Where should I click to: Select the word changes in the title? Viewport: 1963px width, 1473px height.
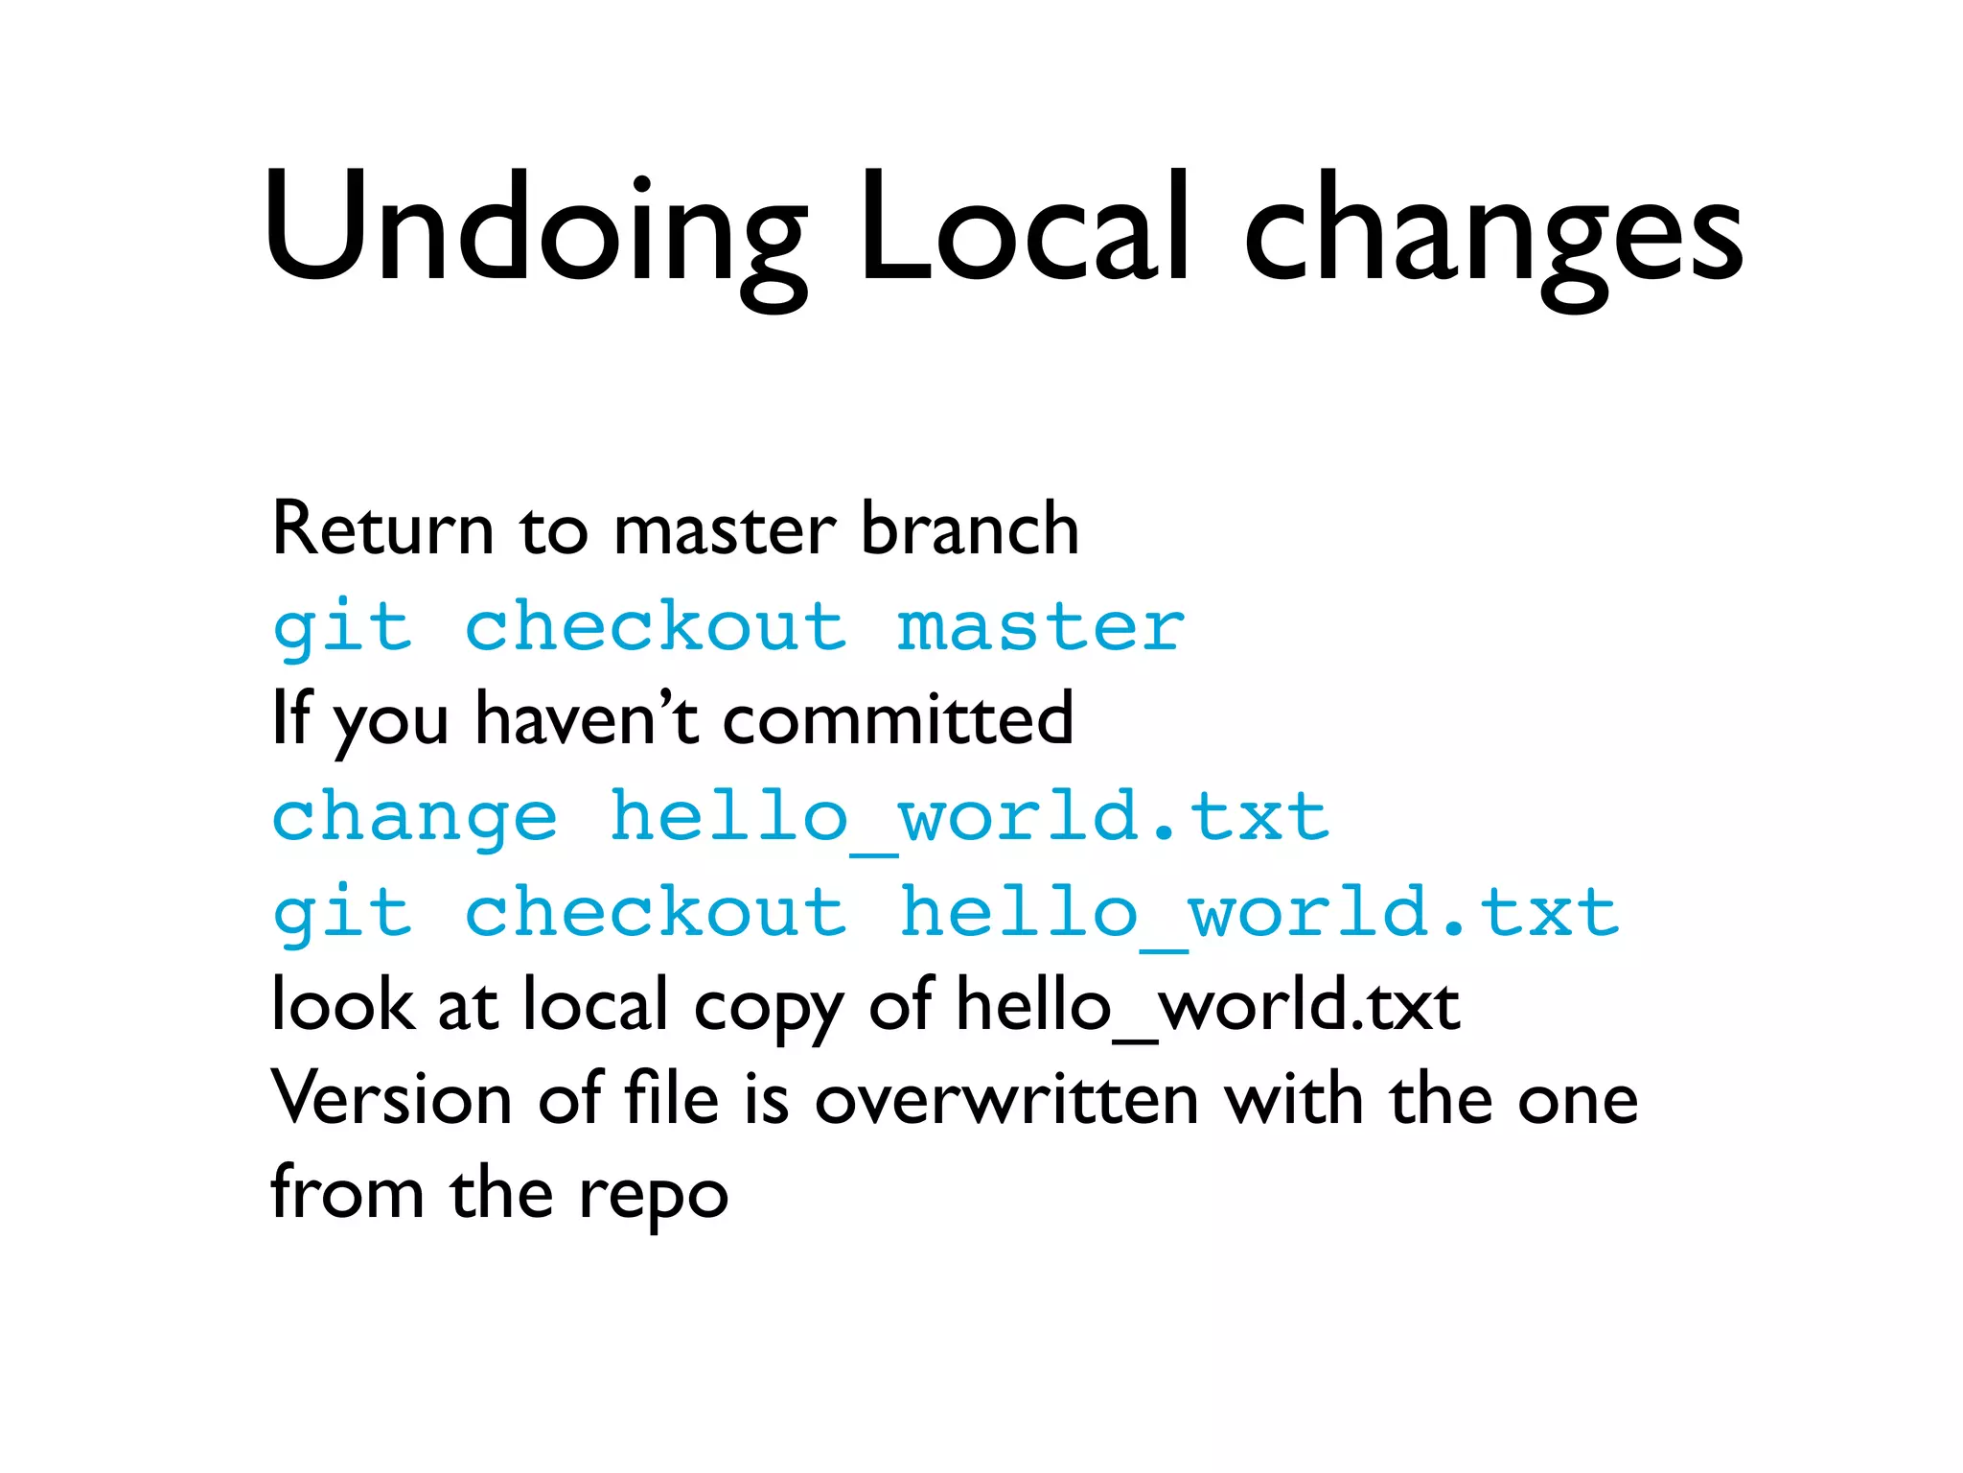pyautogui.click(x=1492, y=235)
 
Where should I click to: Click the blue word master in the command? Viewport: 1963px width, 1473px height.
pyautogui.click(x=1041, y=628)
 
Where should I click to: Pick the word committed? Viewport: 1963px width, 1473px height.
pyautogui.click(x=897, y=718)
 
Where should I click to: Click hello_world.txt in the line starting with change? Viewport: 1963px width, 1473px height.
pyautogui.click(x=969, y=818)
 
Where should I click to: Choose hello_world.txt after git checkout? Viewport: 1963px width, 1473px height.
pyautogui.click(x=1259, y=914)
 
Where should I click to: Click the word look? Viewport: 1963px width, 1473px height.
pyautogui.click(x=342, y=1005)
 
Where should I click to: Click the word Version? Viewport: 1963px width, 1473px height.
pyautogui.click(x=391, y=1099)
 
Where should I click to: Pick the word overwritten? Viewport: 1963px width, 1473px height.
pyautogui.click(x=1006, y=1099)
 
